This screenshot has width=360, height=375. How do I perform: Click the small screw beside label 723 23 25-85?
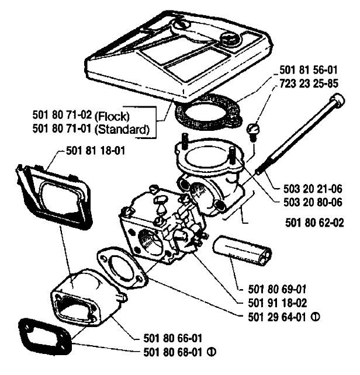tap(253, 129)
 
